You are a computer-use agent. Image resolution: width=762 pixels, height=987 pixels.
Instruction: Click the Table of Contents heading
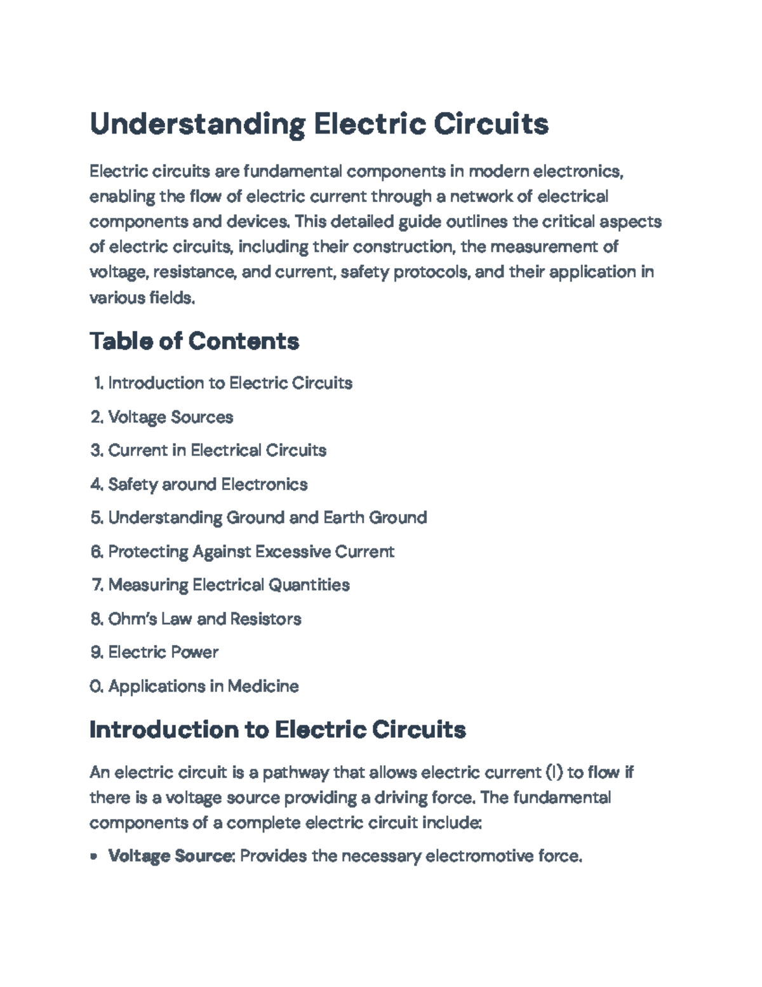click(x=194, y=341)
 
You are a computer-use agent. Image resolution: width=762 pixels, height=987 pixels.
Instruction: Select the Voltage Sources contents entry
click(x=170, y=417)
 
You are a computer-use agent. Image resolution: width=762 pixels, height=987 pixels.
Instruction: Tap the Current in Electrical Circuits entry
click(x=217, y=451)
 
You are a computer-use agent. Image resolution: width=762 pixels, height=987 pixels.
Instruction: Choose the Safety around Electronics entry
click(x=208, y=484)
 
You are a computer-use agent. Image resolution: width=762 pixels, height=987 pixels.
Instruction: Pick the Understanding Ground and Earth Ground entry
click(x=267, y=518)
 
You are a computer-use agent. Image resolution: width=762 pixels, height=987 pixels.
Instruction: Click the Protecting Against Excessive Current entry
click(x=251, y=552)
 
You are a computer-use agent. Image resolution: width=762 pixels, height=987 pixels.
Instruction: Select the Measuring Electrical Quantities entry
click(x=229, y=585)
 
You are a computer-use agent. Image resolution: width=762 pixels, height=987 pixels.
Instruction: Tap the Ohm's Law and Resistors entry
click(x=204, y=618)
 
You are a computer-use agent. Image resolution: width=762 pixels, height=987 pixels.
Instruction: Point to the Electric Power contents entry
click(x=163, y=652)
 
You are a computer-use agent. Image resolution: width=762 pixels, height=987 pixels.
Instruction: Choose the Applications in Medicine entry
click(x=203, y=686)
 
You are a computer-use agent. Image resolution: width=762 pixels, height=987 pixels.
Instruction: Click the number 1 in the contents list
click(x=97, y=383)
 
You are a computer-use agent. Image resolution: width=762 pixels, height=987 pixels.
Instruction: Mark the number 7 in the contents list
click(x=97, y=585)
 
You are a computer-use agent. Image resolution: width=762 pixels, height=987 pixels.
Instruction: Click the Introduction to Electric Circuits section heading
click(x=277, y=730)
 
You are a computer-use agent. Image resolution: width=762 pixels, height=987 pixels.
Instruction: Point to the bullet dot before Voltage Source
click(x=94, y=857)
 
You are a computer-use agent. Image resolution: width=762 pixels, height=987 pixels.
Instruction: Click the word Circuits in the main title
click(x=491, y=124)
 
